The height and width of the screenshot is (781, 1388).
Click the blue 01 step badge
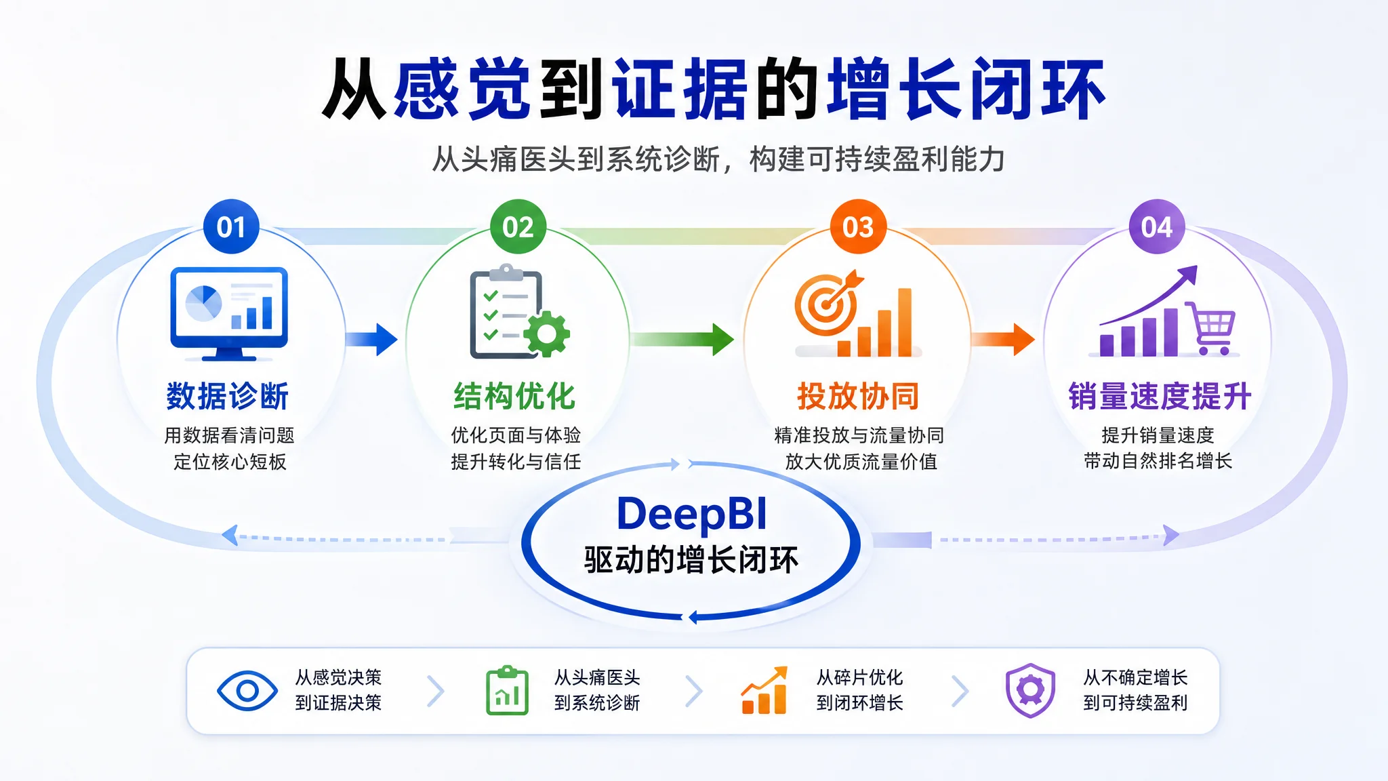[231, 226]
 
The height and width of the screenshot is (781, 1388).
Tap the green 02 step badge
[518, 226]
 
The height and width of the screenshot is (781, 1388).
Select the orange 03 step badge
[858, 226]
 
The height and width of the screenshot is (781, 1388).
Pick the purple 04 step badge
[1157, 226]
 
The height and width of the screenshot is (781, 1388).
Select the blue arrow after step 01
[371, 339]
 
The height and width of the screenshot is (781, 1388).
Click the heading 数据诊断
[228, 396]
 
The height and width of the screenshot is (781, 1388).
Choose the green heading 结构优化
[515, 396]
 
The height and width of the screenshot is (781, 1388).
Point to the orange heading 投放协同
[858, 396]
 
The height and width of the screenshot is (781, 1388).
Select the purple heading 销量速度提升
[1160, 396]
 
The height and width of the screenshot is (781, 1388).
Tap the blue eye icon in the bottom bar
[247, 691]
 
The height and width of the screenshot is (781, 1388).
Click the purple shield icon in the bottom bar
[1030, 690]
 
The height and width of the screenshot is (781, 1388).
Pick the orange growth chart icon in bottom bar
[764, 690]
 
